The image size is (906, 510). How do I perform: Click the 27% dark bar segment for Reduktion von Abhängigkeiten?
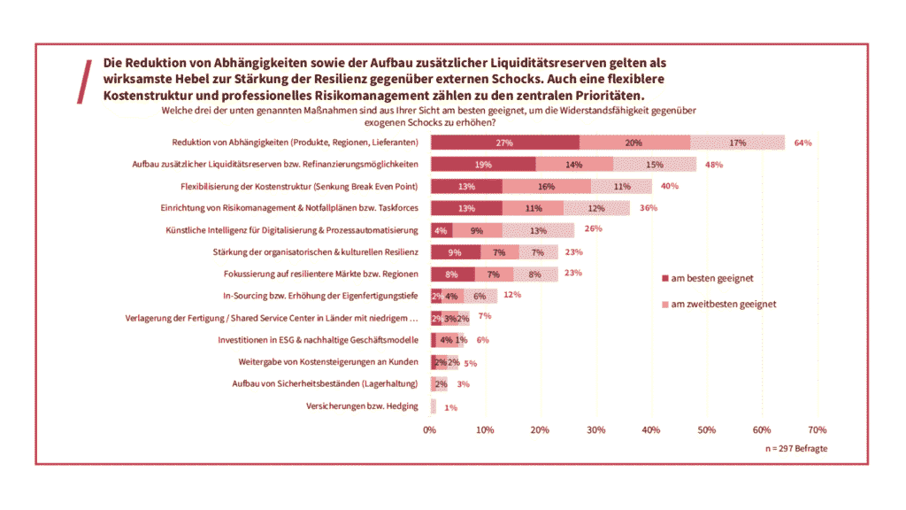click(504, 143)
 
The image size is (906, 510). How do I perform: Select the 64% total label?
click(802, 143)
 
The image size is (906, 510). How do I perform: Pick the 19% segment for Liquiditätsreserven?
click(483, 165)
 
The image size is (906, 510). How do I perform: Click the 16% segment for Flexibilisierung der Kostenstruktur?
click(546, 187)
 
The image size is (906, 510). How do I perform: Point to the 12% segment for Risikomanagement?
click(596, 208)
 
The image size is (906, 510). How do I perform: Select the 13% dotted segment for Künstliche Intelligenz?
click(537, 230)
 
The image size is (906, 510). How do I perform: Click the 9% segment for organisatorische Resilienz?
click(455, 252)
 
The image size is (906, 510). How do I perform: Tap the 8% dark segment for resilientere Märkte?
click(452, 274)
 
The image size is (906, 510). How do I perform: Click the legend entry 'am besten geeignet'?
click(711, 278)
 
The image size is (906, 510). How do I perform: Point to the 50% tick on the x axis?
click(706, 429)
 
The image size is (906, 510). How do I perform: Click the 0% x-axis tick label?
click(430, 429)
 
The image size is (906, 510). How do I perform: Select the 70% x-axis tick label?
click(817, 429)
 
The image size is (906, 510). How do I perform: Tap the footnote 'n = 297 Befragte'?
click(796, 449)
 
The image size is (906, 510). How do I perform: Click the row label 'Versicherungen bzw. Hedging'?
click(362, 406)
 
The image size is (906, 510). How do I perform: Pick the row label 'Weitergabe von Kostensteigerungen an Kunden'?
click(328, 362)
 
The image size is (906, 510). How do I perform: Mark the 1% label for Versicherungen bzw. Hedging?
click(450, 407)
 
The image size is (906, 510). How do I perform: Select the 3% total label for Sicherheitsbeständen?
click(463, 384)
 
